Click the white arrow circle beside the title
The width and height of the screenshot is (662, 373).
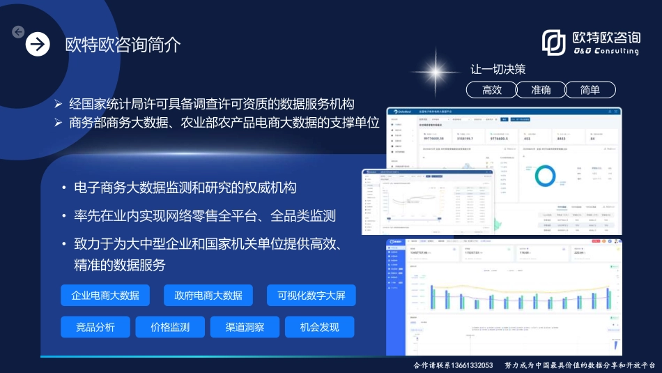[x=38, y=45]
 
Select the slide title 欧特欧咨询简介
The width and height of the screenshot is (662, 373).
[x=123, y=45]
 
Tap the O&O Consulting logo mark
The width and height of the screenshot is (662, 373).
[x=554, y=43]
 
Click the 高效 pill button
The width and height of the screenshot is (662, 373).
[x=492, y=90]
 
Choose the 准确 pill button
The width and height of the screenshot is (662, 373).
[x=541, y=90]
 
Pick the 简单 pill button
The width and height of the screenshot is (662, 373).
[x=590, y=90]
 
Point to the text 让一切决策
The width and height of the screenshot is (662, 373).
[x=498, y=70]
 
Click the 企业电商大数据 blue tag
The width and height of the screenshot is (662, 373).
[x=105, y=295]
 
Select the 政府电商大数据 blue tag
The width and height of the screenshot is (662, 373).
[x=208, y=295]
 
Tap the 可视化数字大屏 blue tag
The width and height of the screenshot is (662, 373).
[x=311, y=295]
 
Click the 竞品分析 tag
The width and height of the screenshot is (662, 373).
[x=95, y=327]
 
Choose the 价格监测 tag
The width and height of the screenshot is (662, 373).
[x=170, y=327]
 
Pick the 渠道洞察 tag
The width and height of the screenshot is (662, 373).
[x=243, y=327]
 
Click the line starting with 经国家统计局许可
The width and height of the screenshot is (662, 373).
[x=211, y=104]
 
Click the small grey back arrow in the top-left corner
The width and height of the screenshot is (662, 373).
[x=18, y=31]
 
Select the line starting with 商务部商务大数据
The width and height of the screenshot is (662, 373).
[x=224, y=123]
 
